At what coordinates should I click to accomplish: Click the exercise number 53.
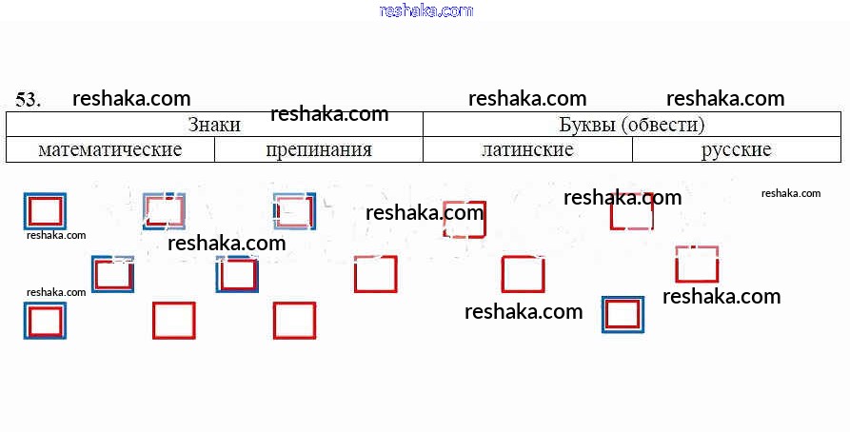pos(28,99)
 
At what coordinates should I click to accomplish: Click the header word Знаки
pos(214,125)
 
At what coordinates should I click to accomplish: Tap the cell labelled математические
pos(110,149)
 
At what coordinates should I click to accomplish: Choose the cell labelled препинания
pos(319,149)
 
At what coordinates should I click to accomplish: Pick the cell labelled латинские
pos(527,149)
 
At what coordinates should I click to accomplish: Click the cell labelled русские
pos(736,149)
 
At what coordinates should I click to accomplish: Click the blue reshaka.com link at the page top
pos(425,10)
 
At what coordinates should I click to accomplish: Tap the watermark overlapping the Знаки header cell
pos(329,114)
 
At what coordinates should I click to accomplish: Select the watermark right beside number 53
pos(131,98)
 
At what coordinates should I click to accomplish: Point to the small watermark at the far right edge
pos(790,193)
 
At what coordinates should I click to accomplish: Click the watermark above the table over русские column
pos(725,98)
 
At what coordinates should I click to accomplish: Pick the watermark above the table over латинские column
pos(527,98)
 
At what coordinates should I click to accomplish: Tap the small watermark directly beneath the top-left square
pos(56,235)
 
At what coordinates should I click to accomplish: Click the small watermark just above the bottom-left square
pos(56,292)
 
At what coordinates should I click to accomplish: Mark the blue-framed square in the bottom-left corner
pos(45,321)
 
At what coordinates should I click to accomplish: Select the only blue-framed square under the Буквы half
pos(623,314)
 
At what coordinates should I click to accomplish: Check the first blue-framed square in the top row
pos(45,211)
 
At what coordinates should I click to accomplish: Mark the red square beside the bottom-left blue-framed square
pos(173,321)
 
